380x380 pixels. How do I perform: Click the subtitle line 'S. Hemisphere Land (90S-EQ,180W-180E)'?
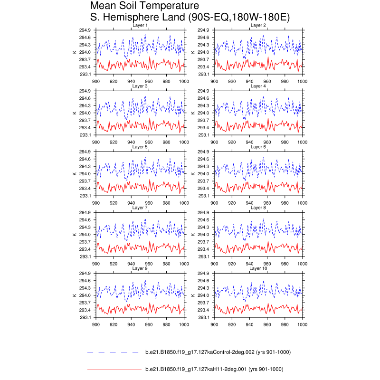coord(190,18)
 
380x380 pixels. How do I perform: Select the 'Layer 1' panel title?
coord(140,25)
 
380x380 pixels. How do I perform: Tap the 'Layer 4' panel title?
coord(258,86)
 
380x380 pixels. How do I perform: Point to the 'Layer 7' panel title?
coord(140,208)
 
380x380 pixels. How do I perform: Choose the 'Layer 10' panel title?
coord(258,268)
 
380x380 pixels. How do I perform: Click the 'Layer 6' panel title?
coord(258,147)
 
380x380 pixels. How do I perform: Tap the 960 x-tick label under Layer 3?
coord(149,142)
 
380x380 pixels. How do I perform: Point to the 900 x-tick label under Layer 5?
coord(95,203)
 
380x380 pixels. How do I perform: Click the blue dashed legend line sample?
coord(114,352)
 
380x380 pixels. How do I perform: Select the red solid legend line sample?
coord(114,369)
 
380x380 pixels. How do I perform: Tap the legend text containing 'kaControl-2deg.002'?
coord(218,352)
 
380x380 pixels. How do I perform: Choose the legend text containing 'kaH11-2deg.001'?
coord(214,369)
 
